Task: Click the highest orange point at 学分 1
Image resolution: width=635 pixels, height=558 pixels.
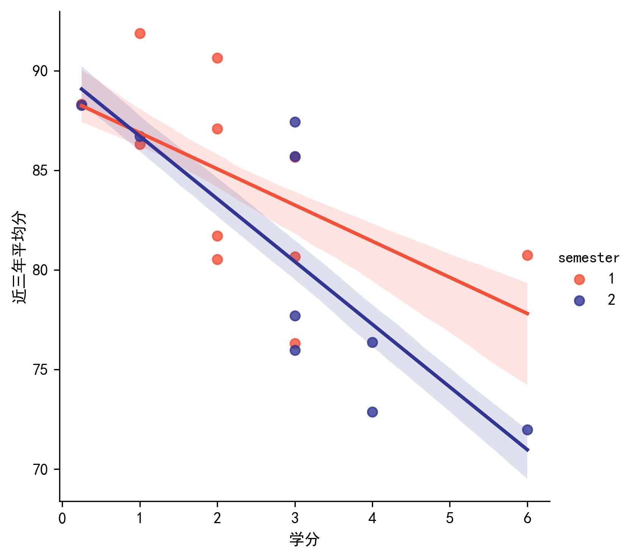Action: click(140, 33)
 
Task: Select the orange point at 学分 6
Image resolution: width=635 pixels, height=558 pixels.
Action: click(527, 255)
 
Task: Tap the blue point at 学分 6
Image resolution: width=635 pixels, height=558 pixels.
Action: click(527, 430)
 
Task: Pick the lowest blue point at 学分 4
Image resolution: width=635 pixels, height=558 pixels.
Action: click(372, 412)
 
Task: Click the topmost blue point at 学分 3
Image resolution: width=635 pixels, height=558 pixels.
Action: click(295, 122)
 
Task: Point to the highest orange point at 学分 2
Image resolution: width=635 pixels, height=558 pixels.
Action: click(217, 58)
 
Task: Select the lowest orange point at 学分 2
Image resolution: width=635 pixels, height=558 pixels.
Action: click(217, 259)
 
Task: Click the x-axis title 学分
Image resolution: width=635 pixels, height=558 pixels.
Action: click(304, 539)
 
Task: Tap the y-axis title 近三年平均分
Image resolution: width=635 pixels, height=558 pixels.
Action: click(20, 257)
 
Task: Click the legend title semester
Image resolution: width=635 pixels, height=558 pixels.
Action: click(588, 258)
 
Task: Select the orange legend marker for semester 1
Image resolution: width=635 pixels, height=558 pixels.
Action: click(579, 279)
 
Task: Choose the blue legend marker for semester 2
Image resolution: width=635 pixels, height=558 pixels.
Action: click(579, 301)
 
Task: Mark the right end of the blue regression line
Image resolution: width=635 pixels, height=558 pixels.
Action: click(528, 450)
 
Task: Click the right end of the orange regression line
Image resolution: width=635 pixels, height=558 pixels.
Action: click(528, 314)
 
